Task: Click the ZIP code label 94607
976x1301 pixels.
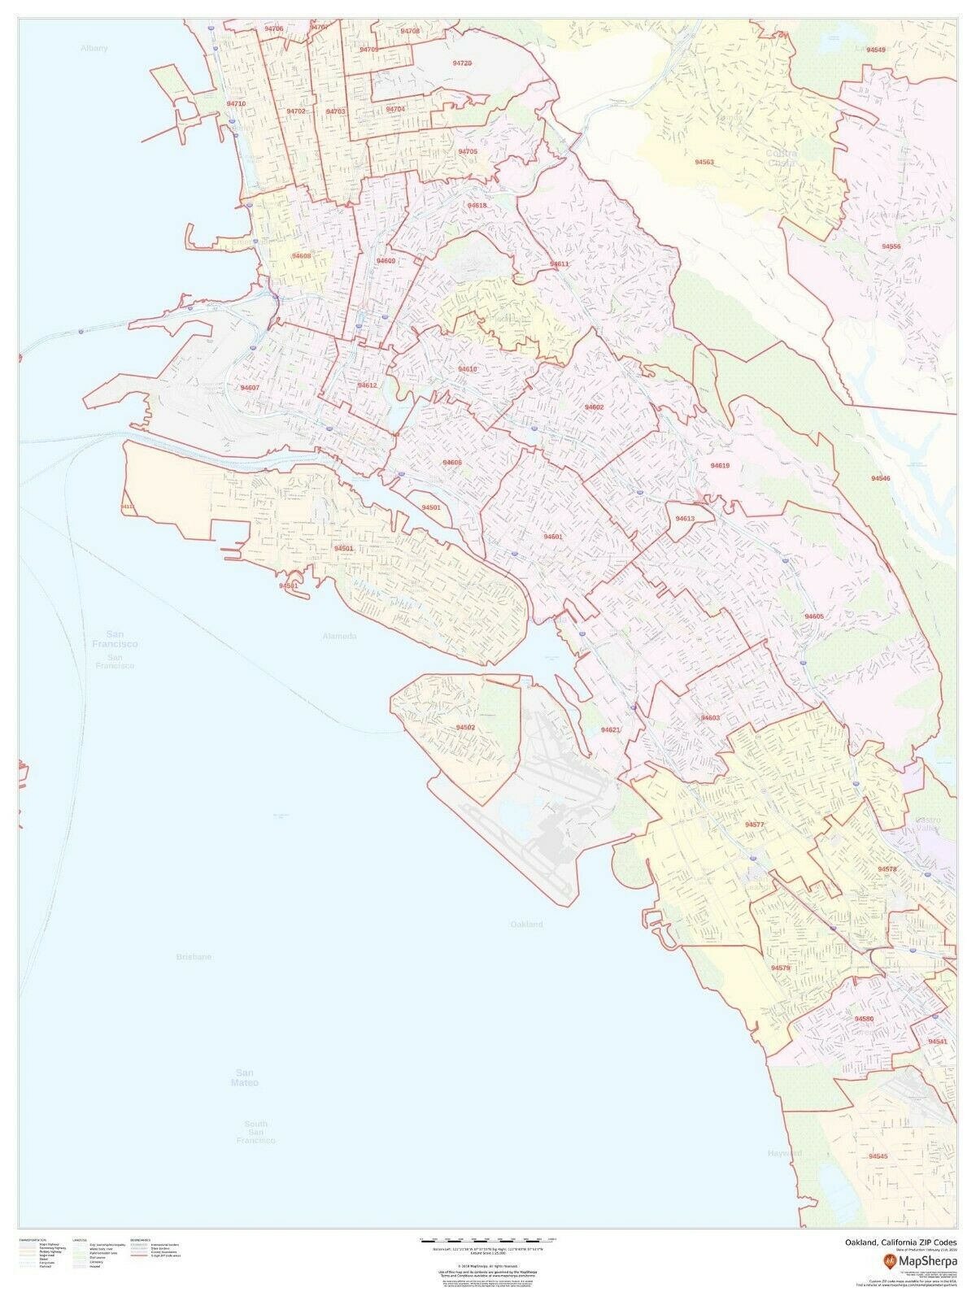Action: pyautogui.click(x=250, y=388)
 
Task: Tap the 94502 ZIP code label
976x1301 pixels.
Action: pyautogui.click(x=465, y=727)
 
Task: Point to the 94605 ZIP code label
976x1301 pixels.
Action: pyautogui.click(x=813, y=617)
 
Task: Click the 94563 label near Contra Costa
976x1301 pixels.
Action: pyautogui.click(x=704, y=162)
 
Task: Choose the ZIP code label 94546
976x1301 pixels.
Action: pyautogui.click(x=880, y=479)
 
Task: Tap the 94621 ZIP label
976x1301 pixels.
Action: pyautogui.click(x=611, y=730)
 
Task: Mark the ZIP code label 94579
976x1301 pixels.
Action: pyautogui.click(x=780, y=968)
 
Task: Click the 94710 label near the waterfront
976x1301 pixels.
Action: pyautogui.click(x=237, y=104)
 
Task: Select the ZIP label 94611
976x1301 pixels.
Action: pyautogui.click(x=560, y=264)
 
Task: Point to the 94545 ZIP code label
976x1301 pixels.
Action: pyautogui.click(x=878, y=1155)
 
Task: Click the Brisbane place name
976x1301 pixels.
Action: pyautogui.click(x=194, y=957)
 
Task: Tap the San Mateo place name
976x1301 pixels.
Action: pyautogui.click(x=244, y=1077)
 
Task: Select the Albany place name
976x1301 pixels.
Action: pyautogui.click(x=94, y=49)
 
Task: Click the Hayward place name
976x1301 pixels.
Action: pyautogui.click(x=784, y=1153)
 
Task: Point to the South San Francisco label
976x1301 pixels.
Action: pyautogui.click(x=255, y=1132)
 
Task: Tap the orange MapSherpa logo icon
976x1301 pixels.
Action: pyautogui.click(x=889, y=1260)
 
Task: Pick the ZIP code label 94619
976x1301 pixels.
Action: pyautogui.click(x=720, y=466)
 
